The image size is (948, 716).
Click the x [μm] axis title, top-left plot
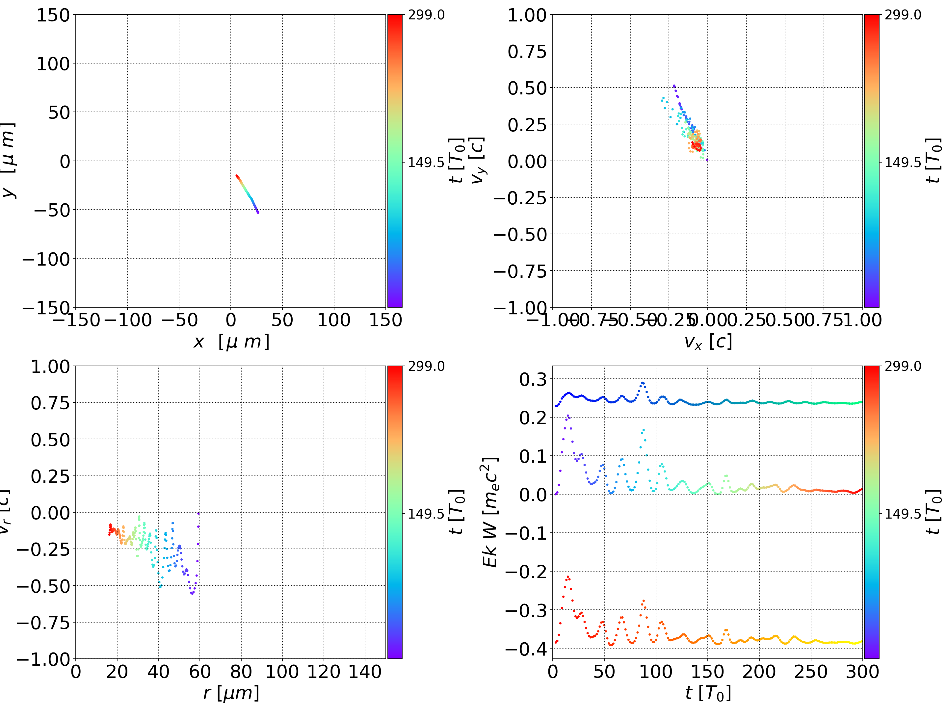point(231,342)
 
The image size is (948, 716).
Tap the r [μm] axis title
point(231,693)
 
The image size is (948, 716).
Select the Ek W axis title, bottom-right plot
point(490,512)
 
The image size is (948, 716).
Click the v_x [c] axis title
point(708,342)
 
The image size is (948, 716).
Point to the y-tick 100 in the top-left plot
point(53,64)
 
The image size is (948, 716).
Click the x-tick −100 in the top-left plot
point(128,320)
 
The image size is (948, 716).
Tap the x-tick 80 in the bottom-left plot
point(241,672)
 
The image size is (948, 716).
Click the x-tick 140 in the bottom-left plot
point(365,672)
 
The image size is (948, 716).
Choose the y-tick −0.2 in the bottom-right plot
point(526,572)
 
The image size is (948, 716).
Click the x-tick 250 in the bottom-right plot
point(811,672)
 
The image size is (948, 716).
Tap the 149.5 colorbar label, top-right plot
point(903,163)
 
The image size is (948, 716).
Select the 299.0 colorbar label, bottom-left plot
point(426,366)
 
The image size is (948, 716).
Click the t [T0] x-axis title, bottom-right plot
point(708,693)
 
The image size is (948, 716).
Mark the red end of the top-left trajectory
point(237,176)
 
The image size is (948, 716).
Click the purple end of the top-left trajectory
point(257,213)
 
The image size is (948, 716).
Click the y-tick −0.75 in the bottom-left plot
point(43,623)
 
